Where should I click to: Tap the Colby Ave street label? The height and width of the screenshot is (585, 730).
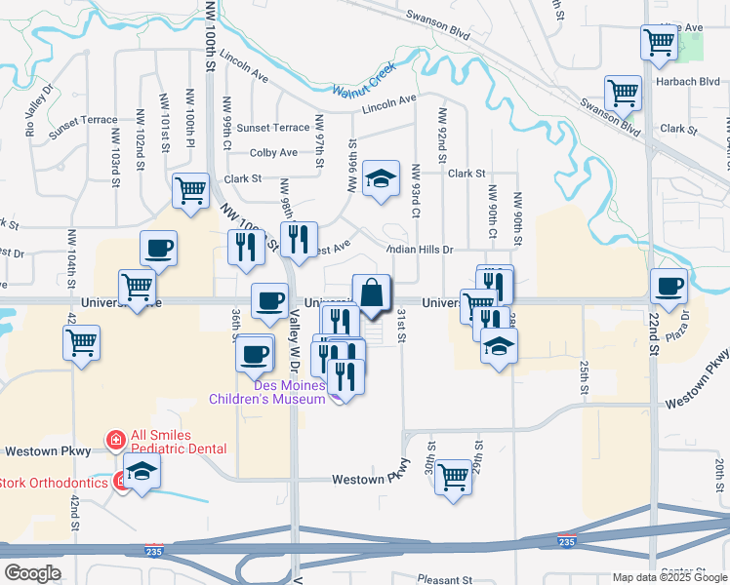[x=273, y=153]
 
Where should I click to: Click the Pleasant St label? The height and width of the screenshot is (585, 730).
[x=444, y=579]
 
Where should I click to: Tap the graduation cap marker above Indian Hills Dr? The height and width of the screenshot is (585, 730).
[x=382, y=178]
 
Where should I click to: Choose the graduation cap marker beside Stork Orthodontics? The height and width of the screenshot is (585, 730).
[x=142, y=473]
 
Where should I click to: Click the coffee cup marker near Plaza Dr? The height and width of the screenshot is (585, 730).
[x=669, y=287]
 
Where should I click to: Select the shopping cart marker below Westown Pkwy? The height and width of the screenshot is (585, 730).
[x=453, y=478]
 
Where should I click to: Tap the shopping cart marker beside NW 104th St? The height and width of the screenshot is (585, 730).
[x=82, y=342]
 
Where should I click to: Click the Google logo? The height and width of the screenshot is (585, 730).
[x=31, y=573]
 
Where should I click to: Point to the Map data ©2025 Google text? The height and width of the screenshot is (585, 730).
[x=669, y=578]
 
